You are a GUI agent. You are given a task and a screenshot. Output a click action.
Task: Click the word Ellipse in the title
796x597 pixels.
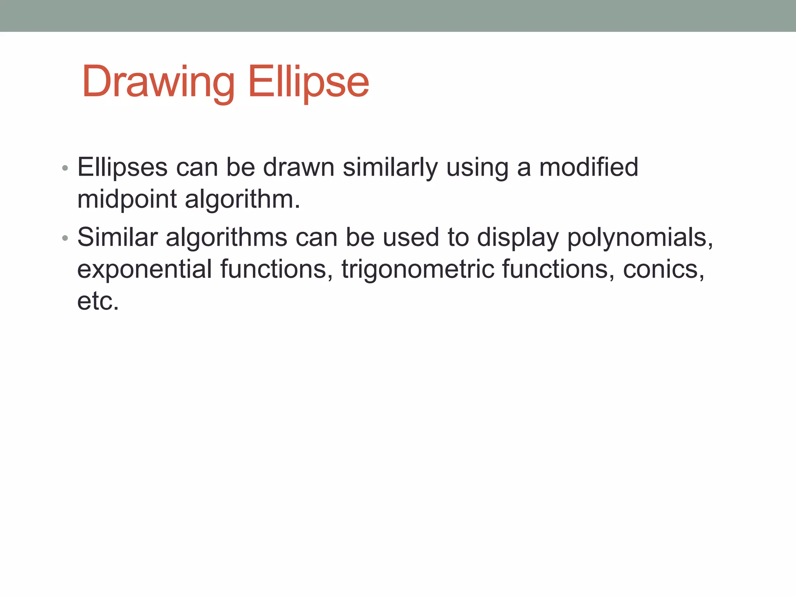[x=308, y=82]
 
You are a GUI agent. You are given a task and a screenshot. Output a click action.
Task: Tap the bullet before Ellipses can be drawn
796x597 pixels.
[x=65, y=169]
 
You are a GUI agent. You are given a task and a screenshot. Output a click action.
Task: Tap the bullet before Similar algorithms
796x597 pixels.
[x=65, y=238]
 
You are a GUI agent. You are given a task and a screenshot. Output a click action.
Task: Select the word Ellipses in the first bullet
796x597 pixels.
[x=122, y=168]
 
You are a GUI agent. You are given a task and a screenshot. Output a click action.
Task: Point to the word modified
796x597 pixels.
[x=588, y=167]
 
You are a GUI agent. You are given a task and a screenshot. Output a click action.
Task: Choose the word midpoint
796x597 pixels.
[x=127, y=200]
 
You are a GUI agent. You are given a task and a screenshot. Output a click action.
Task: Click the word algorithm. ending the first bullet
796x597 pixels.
[x=242, y=200]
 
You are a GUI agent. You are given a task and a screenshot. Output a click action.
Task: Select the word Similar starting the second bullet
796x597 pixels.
[x=117, y=237]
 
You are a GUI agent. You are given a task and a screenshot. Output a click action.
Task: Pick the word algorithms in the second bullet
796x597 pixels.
[x=226, y=238]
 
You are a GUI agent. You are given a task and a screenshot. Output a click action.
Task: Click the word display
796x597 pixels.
[x=517, y=238]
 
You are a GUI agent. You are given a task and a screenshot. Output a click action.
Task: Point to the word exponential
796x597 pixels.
[x=144, y=270]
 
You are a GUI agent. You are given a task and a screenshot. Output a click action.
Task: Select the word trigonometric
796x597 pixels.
[x=418, y=270]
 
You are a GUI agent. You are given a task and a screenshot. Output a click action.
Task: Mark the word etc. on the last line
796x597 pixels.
[x=98, y=301]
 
